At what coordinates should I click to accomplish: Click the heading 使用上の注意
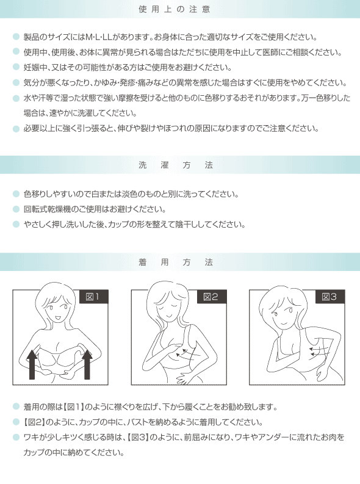[x=175, y=9]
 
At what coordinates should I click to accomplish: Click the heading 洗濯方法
[x=176, y=165]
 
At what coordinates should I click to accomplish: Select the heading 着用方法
[x=176, y=262]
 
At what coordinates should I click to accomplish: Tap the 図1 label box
[x=94, y=297]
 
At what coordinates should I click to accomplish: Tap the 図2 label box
[x=212, y=297]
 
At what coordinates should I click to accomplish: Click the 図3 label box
[x=330, y=297]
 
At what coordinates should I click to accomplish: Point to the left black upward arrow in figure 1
[x=32, y=364]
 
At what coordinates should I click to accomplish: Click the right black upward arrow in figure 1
[x=87, y=364]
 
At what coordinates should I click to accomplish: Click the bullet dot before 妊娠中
[x=16, y=67]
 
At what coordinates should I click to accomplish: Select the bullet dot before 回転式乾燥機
[x=16, y=209]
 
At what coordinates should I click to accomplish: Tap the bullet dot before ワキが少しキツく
[x=16, y=437]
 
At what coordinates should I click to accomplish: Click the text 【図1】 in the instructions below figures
[x=74, y=407]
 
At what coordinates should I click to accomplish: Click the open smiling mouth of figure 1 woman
[x=58, y=317]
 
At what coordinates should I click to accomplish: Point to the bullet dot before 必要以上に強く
[x=16, y=129]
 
